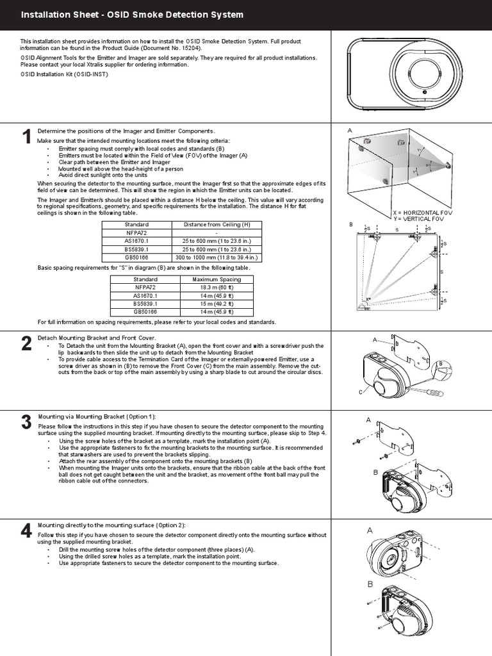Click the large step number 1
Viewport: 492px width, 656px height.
(26, 137)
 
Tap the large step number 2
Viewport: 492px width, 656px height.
(26, 343)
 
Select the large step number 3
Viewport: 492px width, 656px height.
(26, 422)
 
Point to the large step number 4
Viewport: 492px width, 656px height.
(26, 530)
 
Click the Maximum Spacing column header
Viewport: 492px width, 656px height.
(217, 279)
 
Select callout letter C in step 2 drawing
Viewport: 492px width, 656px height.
(361, 391)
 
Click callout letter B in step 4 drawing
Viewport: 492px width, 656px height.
(370, 584)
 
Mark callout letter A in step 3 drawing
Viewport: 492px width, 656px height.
(368, 420)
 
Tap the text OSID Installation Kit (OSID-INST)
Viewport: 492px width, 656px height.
(65, 74)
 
